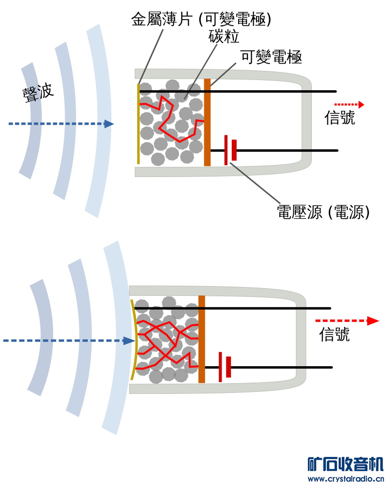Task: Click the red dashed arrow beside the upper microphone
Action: (x=349, y=104)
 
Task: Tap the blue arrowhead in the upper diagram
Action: (x=109, y=124)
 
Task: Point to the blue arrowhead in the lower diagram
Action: (x=129, y=341)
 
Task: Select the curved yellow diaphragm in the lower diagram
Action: (x=133, y=339)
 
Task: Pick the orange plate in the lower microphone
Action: (x=202, y=339)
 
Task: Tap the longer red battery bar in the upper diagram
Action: (x=226, y=150)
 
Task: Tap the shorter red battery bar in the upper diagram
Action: (x=234, y=150)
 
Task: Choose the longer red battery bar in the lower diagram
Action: (x=220, y=367)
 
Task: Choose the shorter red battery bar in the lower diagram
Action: (x=228, y=367)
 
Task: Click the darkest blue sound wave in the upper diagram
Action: (x=30, y=121)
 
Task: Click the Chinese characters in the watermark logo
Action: (x=345, y=464)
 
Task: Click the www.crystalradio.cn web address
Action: (x=345, y=479)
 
